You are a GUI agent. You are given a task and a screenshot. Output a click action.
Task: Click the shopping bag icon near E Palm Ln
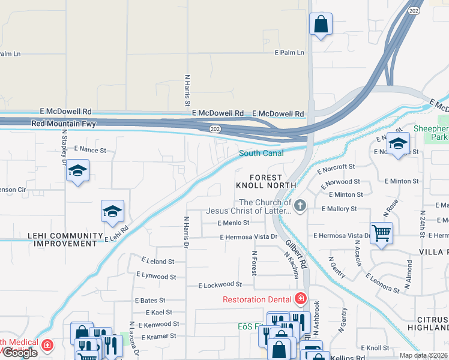click(321, 25)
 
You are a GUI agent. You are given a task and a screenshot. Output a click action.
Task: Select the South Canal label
click(261, 154)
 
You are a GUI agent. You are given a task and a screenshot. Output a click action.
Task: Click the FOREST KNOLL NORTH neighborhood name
click(266, 181)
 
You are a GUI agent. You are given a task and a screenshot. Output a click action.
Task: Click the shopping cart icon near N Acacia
click(381, 232)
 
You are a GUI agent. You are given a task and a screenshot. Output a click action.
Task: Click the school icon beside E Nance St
click(77, 171)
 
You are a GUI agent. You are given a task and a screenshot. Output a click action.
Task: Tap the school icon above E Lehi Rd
click(112, 212)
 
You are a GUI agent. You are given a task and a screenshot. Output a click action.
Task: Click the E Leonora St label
click(382, 283)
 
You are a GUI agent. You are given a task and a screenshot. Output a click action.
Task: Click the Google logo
click(20, 352)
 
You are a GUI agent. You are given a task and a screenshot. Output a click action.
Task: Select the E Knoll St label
click(376, 348)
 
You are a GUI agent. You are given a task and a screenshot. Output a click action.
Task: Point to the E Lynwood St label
click(156, 276)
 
